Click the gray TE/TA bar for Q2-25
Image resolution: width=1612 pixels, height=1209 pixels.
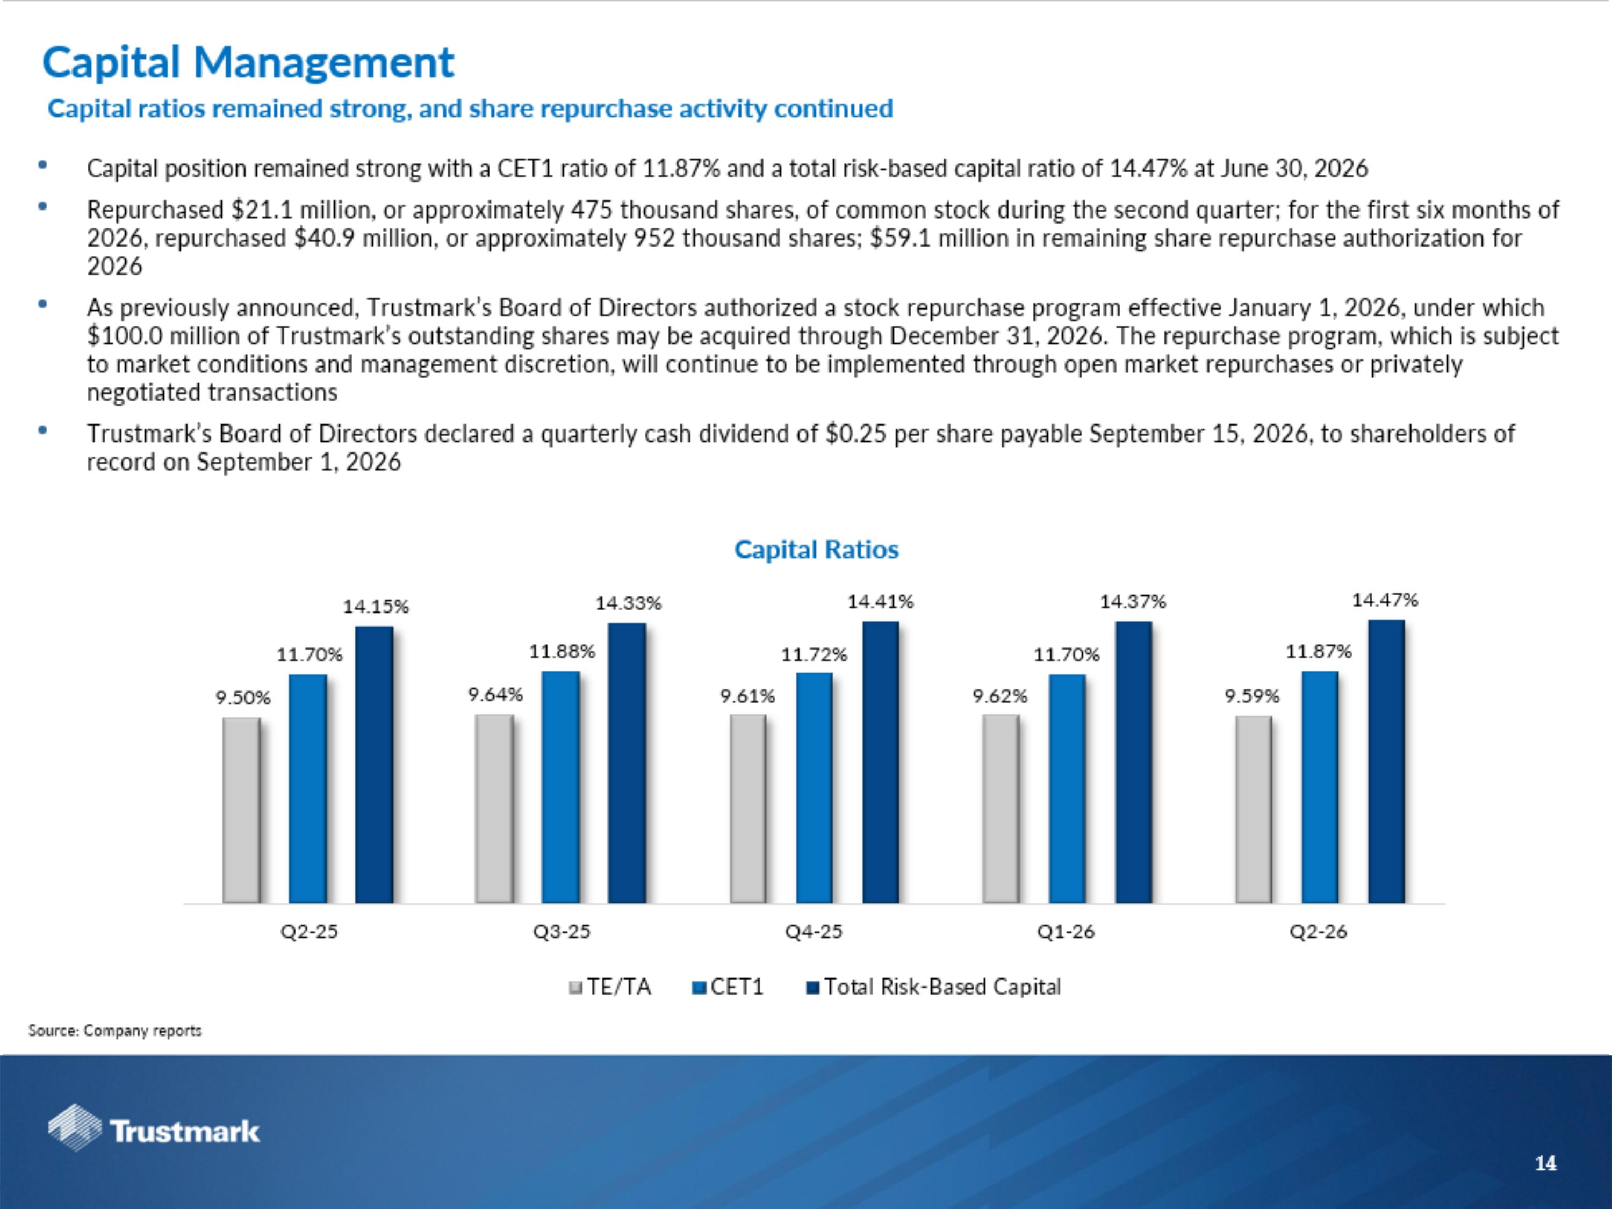[241, 810]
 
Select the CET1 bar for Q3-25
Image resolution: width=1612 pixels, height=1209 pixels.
[560, 787]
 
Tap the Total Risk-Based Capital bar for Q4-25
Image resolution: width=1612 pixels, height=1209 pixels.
[880, 762]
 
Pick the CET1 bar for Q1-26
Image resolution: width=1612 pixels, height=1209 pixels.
[1067, 789]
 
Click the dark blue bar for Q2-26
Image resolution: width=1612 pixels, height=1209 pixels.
[1386, 761]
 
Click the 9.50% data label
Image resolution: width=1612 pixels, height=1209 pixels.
[243, 697]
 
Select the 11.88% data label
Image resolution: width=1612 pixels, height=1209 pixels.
[562, 651]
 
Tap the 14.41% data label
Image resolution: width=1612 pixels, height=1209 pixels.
[880, 601]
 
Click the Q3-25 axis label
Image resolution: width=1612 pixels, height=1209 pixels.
[561, 931]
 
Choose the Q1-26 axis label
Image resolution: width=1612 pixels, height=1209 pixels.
[1066, 931]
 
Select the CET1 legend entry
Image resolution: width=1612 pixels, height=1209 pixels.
[728, 987]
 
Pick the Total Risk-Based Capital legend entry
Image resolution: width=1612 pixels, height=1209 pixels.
[933, 987]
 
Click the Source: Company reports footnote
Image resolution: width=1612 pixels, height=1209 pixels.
[115, 1031]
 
